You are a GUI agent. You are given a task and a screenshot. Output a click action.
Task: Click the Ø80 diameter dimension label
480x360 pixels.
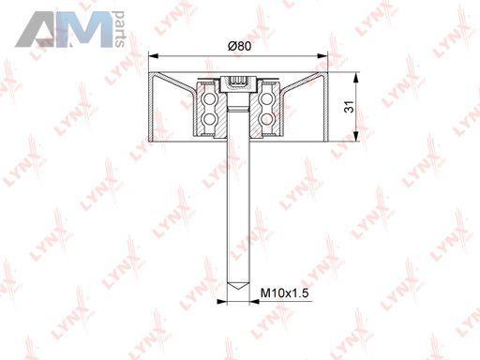[240, 46]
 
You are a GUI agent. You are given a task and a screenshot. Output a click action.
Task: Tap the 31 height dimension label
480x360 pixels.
[349, 107]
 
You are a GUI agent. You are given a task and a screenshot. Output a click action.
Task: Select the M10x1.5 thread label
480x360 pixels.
[284, 293]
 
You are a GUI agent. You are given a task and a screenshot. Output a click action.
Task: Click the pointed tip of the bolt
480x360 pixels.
[238, 289]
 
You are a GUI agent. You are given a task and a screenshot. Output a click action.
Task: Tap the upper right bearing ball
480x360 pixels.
[266, 99]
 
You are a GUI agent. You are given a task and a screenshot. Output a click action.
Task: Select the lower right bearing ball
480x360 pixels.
[266, 118]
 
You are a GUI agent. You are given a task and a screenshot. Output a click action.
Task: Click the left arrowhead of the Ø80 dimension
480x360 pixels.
[154, 56]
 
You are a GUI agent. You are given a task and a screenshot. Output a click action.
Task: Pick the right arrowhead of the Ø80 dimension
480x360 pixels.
[322, 56]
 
